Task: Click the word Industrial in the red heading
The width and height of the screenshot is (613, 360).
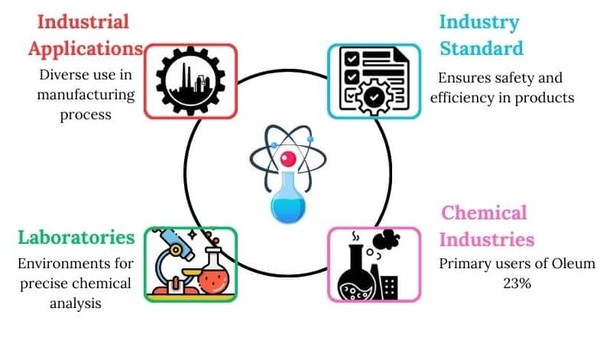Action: [79, 21]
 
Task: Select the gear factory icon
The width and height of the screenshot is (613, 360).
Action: [190, 80]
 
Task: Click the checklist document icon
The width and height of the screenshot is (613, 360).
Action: [374, 80]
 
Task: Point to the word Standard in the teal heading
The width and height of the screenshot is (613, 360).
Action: [481, 48]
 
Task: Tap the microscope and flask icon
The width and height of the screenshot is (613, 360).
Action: [190, 264]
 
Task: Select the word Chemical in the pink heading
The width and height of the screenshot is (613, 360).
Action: [485, 212]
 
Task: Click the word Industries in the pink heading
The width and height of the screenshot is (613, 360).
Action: [487, 239]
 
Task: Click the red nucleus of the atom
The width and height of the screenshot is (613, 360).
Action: [288, 159]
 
